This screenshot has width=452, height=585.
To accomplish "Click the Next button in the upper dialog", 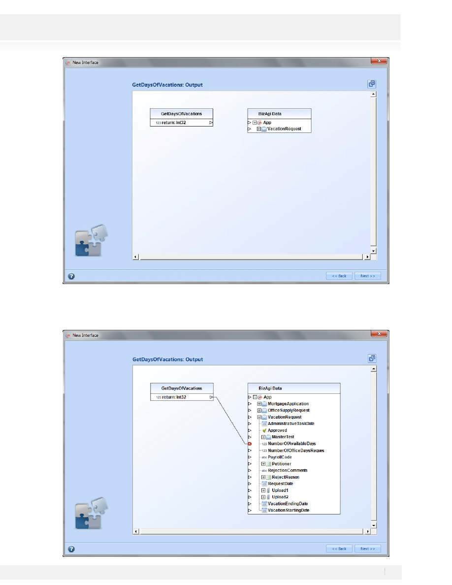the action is point(367,276).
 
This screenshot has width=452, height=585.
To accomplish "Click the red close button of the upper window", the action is point(379,61).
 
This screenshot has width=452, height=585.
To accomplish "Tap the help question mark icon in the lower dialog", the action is point(71,549).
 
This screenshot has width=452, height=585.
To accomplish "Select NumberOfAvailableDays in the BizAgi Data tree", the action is point(291,444).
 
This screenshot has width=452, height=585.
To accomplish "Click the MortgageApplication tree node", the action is point(288,404).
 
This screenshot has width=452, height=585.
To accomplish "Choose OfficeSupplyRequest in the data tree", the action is point(289,410).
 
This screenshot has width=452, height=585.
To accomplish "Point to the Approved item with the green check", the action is point(277,430).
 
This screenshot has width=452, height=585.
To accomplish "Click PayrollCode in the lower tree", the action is point(280,457).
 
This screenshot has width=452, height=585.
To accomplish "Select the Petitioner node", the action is point(281,464).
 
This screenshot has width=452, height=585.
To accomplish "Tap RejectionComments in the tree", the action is point(288,470).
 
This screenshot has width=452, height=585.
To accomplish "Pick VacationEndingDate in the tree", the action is point(288,504).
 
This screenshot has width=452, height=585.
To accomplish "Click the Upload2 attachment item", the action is point(280,497).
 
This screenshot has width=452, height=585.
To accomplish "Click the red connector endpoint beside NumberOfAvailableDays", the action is point(250,444).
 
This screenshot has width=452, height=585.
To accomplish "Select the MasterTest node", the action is point(283,437).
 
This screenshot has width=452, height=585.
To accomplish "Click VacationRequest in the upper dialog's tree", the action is point(284,129).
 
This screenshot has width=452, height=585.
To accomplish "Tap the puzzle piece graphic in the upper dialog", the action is point(92,241).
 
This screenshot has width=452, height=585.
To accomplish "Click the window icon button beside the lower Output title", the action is point(372,358).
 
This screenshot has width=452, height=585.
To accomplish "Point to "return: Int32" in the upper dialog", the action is point(173,123).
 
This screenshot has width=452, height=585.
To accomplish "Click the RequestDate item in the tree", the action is point(280,484).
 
